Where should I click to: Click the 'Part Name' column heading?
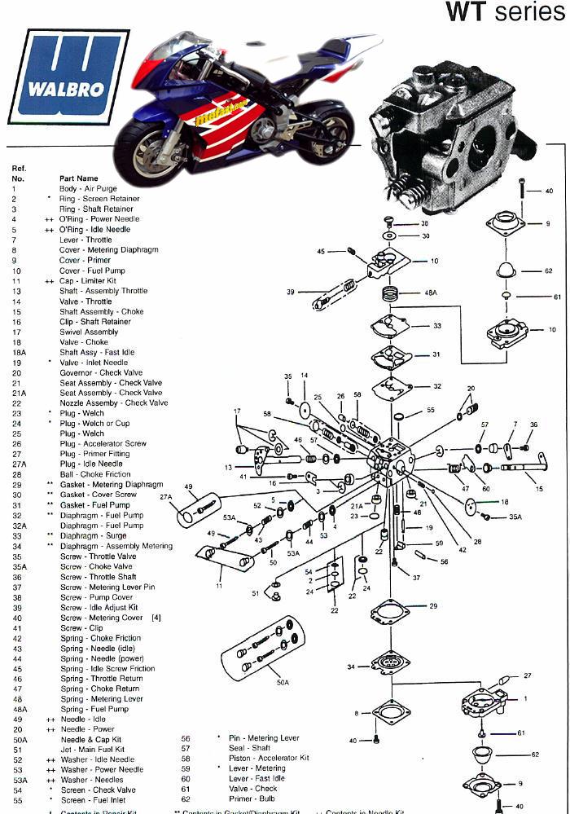pyautogui.click(x=79, y=178)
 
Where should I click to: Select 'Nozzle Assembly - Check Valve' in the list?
pyautogui.click(x=113, y=403)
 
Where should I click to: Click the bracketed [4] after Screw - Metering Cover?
pyautogui.click(x=156, y=618)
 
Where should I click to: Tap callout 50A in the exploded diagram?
pyautogui.click(x=282, y=681)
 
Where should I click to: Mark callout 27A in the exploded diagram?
pyautogui.click(x=166, y=496)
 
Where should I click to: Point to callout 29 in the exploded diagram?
pyautogui.click(x=433, y=606)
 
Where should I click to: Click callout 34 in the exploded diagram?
pyautogui.click(x=351, y=667)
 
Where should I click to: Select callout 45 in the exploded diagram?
pyautogui.click(x=321, y=251)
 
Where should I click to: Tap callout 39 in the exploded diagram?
pyautogui.click(x=291, y=293)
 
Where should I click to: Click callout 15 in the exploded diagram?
pyautogui.click(x=538, y=488)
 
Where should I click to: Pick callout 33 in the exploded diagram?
pyautogui.click(x=437, y=326)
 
